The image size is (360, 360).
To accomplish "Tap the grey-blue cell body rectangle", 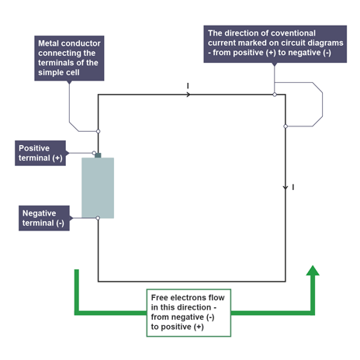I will pyautogui.click(x=98, y=187).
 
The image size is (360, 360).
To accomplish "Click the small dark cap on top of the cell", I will pyautogui.click(x=98, y=155).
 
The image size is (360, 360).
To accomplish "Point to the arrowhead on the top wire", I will pyautogui.click(x=189, y=95).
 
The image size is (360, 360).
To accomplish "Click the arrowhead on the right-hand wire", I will pyautogui.click(x=286, y=187).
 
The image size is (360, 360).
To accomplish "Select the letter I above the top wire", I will pyautogui.click(x=188, y=85).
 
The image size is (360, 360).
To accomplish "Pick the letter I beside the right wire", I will pyautogui.click(x=293, y=188).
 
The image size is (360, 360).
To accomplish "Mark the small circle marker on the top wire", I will pyautogui.click(x=275, y=95).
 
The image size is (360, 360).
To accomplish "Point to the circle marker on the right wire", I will pyautogui.click(x=286, y=126).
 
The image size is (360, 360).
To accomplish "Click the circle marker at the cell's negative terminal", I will pyautogui.click(x=98, y=218).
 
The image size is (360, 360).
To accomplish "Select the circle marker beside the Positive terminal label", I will pyautogui.click(x=94, y=153).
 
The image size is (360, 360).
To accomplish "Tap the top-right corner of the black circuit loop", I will pyautogui.click(x=286, y=95).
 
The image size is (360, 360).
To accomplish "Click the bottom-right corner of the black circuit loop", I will pyautogui.click(x=286, y=282).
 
